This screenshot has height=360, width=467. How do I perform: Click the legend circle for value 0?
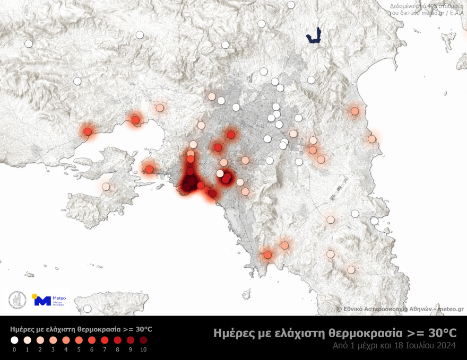point(14,340)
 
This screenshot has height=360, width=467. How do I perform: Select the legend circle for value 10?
point(143,340)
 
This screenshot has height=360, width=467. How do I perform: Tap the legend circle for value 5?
point(79,340)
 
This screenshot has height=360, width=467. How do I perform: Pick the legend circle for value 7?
point(105,340)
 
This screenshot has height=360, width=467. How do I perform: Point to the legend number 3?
point(53,350)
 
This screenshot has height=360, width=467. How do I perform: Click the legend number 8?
point(117,350)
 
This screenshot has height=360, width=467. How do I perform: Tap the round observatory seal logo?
point(17,300)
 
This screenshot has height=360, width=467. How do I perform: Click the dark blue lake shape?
point(316,36)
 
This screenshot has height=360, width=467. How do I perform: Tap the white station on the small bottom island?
point(87,309)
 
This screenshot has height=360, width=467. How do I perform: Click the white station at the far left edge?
point(28,44)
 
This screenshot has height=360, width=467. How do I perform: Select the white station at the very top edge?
point(291,5)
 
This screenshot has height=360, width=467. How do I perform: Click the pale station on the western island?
point(106,187)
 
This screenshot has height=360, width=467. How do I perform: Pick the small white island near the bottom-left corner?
point(30,275)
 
